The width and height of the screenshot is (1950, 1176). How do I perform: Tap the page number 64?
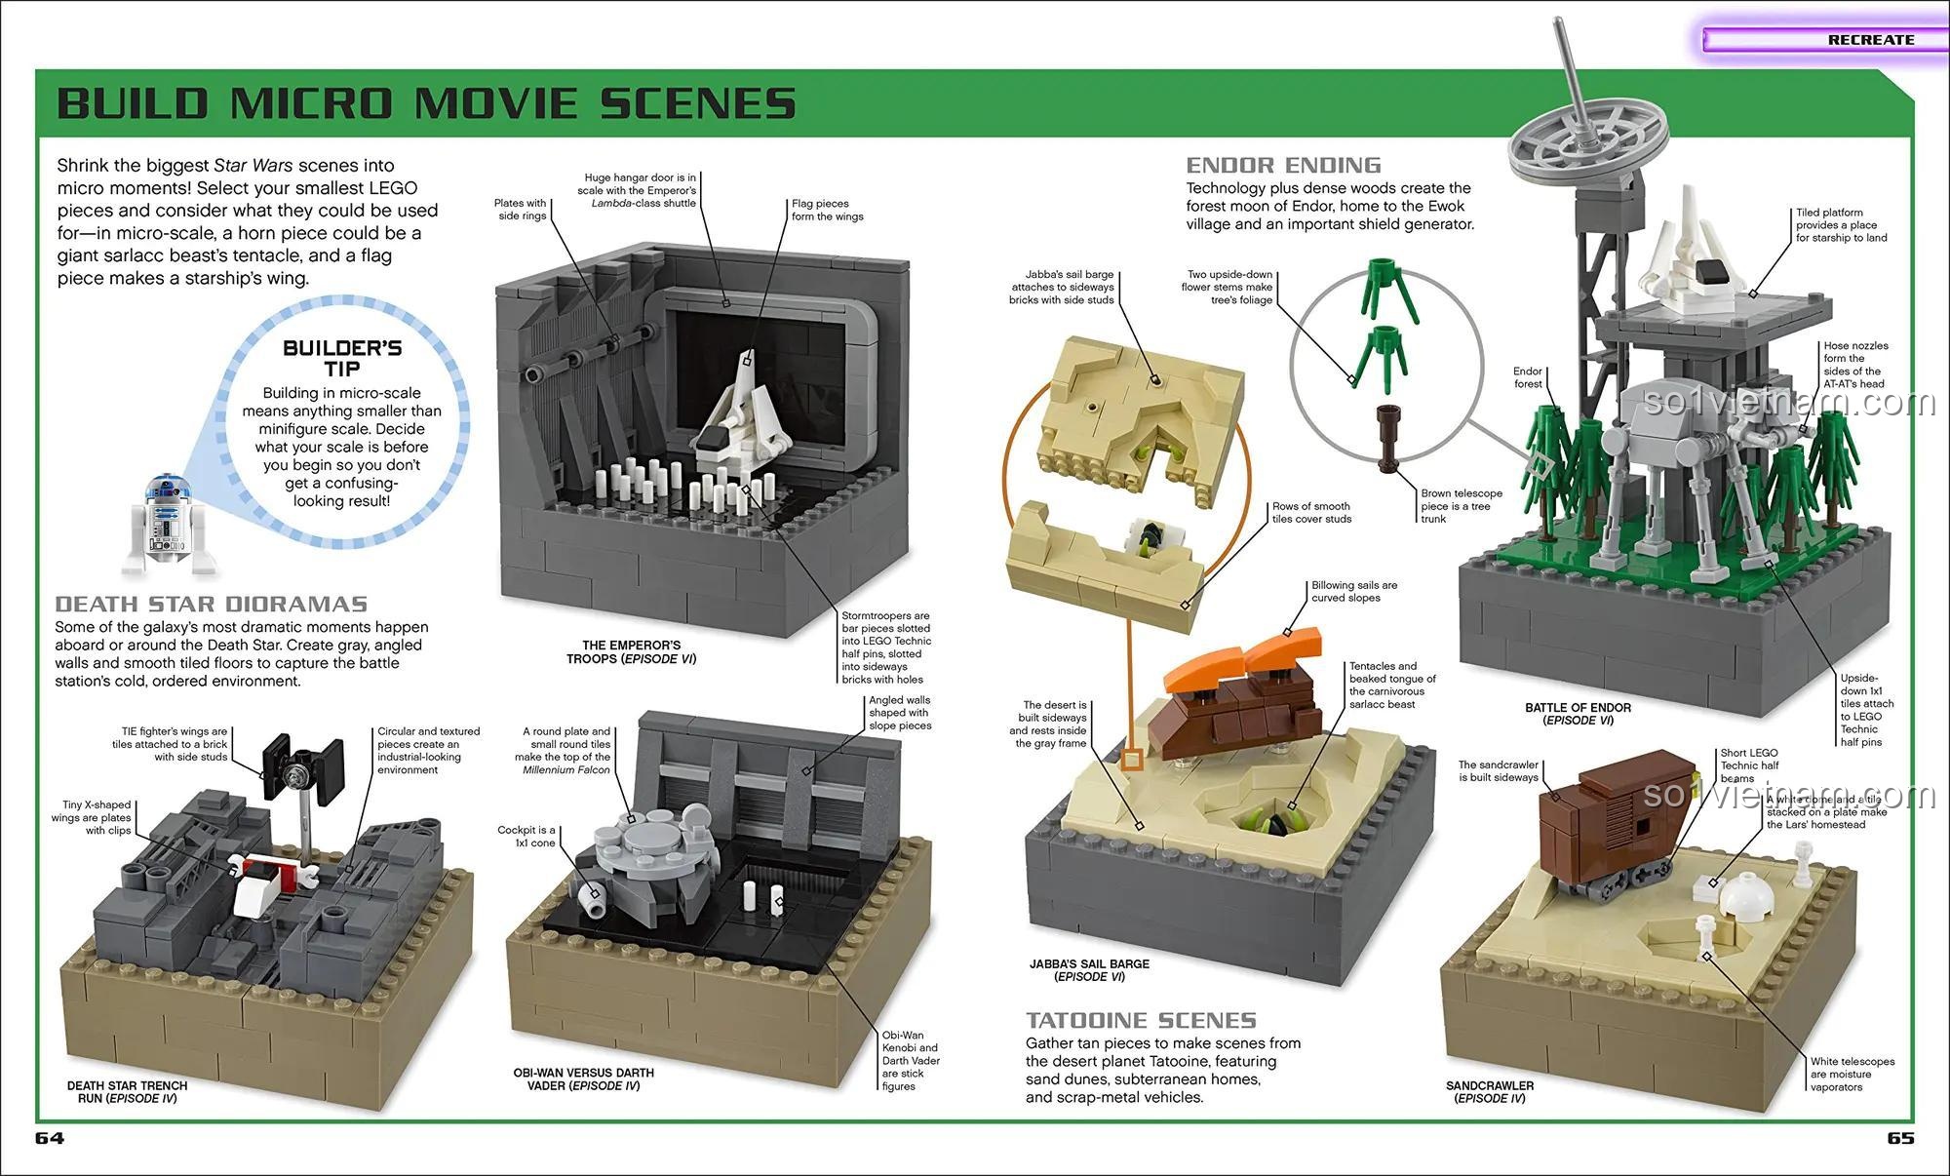pyautogui.click(x=50, y=1138)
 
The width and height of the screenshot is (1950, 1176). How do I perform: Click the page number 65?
pyautogui.click(x=1900, y=1138)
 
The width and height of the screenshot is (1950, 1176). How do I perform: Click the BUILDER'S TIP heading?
pyautogui.click(x=342, y=358)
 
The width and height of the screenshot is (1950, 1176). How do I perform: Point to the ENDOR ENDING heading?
pyautogui.click(x=1283, y=165)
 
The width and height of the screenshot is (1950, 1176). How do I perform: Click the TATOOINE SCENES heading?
pyautogui.click(x=1141, y=1020)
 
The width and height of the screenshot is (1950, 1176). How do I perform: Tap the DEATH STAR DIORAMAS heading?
pyautogui.click(x=212, y=604)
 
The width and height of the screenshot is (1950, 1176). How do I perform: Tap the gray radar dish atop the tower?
pyautogui.click(x=1571, y=136)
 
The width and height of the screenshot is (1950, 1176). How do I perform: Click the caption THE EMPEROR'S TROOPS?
pyautogui.click(x=631, y=651)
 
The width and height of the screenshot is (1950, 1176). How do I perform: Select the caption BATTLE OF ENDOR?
pyautogui.click(x=1578, y=714)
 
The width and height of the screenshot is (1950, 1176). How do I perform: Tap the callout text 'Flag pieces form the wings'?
pyautogui.click(x=827, y=210)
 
